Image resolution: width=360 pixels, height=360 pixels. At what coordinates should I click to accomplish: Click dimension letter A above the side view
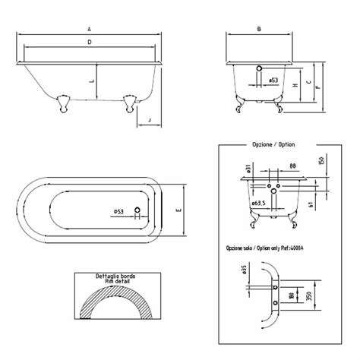pos(90,29)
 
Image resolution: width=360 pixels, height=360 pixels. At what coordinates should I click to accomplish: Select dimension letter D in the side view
pos(90,42)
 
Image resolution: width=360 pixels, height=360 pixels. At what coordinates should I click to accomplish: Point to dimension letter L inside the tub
pos(92,79)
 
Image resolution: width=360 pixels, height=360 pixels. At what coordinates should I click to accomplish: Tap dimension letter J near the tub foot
pos(149,120)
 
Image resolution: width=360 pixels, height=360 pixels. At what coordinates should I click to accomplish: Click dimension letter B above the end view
pos(260,29)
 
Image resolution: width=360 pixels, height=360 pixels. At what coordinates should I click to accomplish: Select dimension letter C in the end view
pos(308,80)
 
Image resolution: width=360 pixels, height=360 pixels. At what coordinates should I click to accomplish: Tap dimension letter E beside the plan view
pos(177,210)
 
